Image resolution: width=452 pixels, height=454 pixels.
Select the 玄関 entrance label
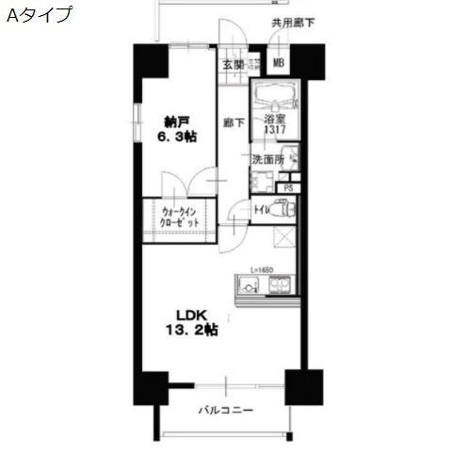[234, 64]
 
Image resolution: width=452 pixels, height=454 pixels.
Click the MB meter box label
[279, 64]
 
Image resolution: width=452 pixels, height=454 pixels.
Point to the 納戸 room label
[175, 122]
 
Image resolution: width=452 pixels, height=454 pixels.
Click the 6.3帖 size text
[176, 138]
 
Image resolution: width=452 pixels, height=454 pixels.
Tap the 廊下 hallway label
[234, 122]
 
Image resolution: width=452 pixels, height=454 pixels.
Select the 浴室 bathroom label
[274, 120]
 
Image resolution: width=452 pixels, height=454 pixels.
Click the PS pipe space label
[288, 187]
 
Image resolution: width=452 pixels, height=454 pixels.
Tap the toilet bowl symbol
[279, 209]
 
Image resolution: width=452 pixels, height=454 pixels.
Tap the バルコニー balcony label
[225, 410]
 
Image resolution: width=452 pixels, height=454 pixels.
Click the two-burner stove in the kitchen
[282, 285]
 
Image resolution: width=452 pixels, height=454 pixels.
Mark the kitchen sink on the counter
[248, 284]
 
